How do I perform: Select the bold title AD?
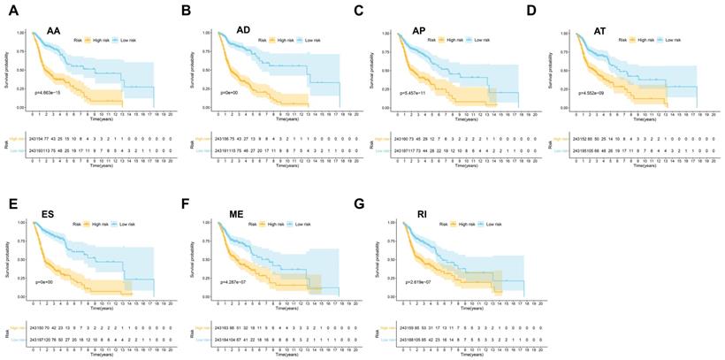point(243,31)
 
